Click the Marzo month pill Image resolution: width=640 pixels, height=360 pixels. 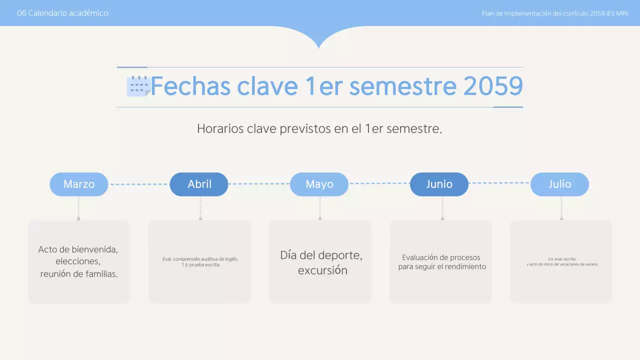[x=79, y=184]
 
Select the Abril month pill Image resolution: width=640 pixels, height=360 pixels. [x=199, y=184]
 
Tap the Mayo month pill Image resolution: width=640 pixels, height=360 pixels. [x=319, y=184]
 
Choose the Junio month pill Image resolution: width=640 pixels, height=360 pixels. [x=439, y=184]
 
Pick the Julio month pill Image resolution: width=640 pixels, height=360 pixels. [x=559, y=184]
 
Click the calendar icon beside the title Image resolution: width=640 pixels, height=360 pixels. [x=138, y=86]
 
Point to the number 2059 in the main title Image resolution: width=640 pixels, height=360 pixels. [x=492, y=86]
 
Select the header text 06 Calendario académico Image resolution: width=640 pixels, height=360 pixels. [x=62, y=13]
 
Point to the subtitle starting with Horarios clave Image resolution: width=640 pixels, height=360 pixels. [x=319, y=129]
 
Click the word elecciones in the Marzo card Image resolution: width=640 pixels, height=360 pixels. [x=78, y=261]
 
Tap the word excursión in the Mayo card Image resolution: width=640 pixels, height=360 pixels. [x=322, y=270]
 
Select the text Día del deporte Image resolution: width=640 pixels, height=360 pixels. [x=321, y=255]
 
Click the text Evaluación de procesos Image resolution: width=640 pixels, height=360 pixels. [x=441, y=257]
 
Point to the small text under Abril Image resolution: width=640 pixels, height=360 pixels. [x=200, y=262]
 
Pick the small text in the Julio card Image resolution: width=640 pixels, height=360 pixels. [x=561, y=261]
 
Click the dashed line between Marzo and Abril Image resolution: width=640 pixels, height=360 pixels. [x=139, y=184]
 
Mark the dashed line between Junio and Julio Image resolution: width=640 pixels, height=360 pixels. [x=499, y=183]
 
